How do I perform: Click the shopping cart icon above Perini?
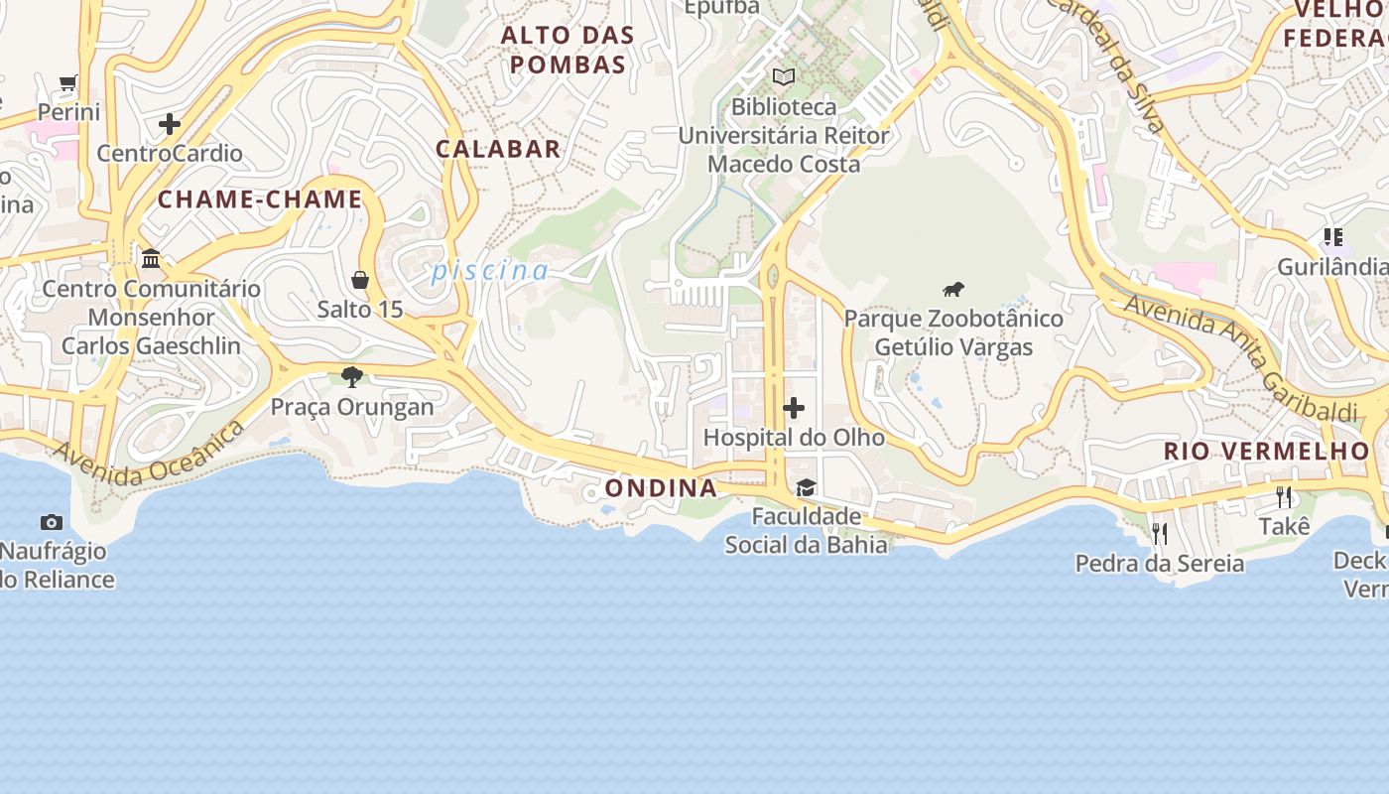click(68, 83)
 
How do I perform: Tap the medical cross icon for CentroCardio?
click(170, 124)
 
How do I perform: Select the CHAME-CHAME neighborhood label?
click(260, 199)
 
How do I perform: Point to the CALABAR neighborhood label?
click(498, 149)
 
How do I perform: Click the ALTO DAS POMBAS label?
click(568, 50)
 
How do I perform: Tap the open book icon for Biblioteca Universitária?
click(784, 76)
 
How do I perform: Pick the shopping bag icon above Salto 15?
click(360, 280)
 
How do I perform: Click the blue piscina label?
click(490, 270)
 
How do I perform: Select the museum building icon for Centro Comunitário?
click(151, 259)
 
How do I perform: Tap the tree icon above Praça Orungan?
click(351, 376)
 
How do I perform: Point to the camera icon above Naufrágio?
click(52, 522)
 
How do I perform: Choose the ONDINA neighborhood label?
click(661, 488)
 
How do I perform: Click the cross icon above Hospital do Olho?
click(794, 408)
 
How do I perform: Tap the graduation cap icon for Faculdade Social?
click(806, 487)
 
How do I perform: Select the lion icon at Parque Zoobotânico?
click(953, 290)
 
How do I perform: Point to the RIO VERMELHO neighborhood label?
click(1266, 452)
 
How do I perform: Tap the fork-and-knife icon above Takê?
click(1285, 497)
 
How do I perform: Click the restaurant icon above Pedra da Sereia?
click(1160, 534)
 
